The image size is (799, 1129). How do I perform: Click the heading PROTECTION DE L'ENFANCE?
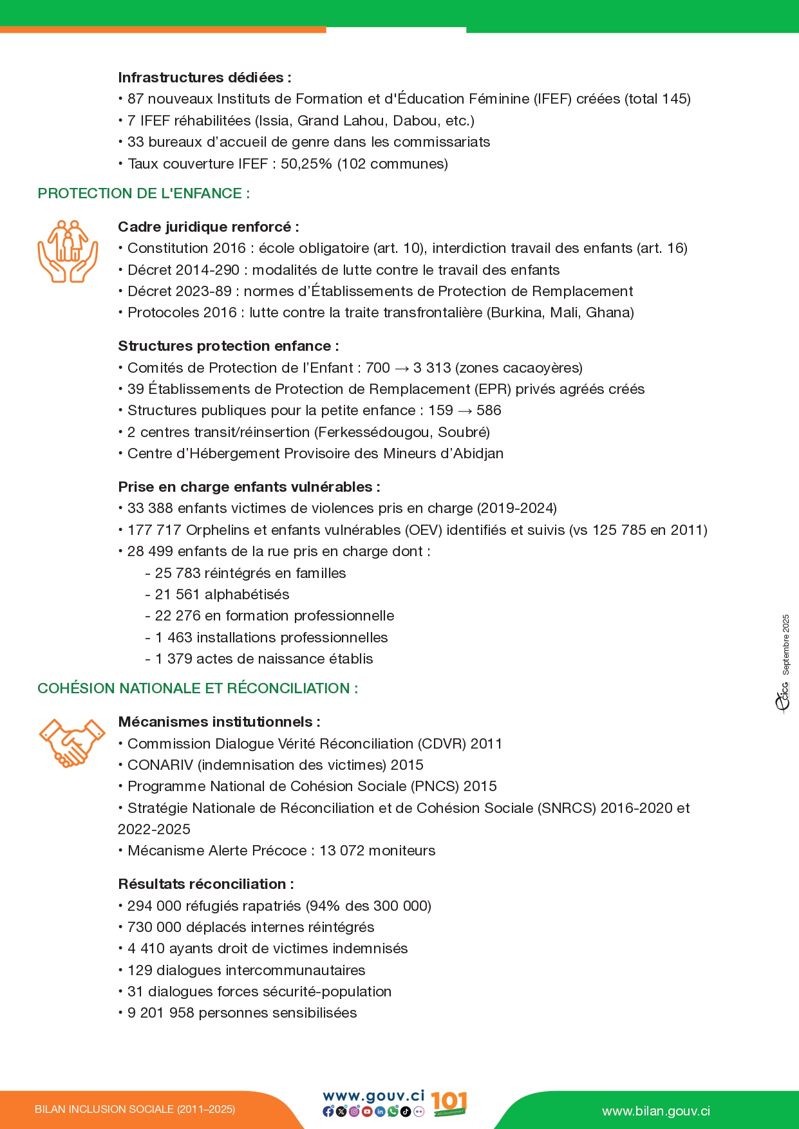pyautogui.click(x=144, y=194)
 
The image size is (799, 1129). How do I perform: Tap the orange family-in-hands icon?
pyautogui.click(x=68, y=252)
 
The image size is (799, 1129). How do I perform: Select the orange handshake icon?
pyautogui.click(x=71, y=742)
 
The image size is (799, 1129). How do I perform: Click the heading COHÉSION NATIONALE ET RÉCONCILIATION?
pyautogui.click(x=198, y=689)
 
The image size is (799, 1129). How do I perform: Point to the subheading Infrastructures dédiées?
pyautogui.click(x=204, y=78)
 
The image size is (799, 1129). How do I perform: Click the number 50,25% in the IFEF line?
pyautogui.click(x=306, y=164)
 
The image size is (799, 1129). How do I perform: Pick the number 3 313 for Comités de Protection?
pyautogui.click(x=432, y=368)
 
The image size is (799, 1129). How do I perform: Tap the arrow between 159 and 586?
pyautogui.click(x=465, y=411)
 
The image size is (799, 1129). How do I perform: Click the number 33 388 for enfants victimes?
pyautogui.click(x=150, y=509)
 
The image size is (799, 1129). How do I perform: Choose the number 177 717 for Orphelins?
pyautogui.click(x=155, y=530)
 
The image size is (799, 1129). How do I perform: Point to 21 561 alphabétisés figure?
pyautogui.click(x=177, y=595)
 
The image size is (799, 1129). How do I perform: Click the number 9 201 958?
pyautogui.click(x=161, y=1013)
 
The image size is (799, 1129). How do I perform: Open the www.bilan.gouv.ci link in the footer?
pyautogui.click(x=656, y=1112)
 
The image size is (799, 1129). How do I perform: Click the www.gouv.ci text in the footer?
pyautogui.click(x=373, y=1096)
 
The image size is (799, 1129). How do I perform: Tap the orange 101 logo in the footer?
pyautogui.click(x=449, y=1103)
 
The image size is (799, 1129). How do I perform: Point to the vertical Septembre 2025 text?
pyautogui.click(x=785, y=644)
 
